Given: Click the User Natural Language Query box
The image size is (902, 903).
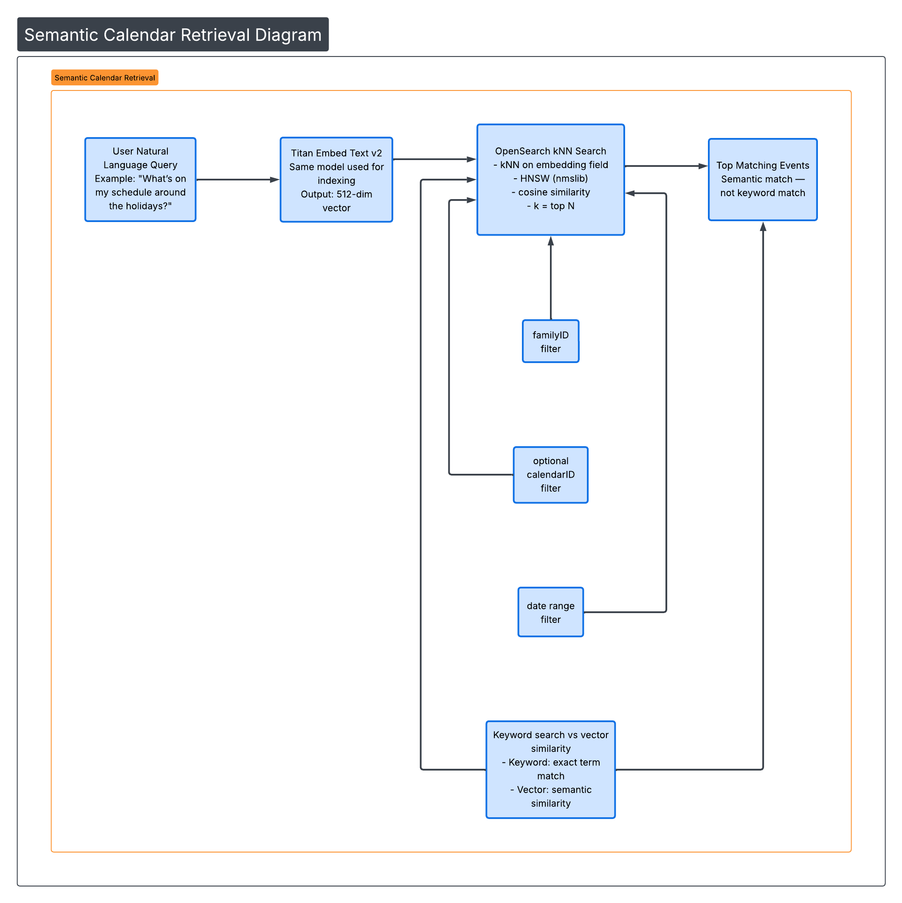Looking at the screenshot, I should coord(140,180).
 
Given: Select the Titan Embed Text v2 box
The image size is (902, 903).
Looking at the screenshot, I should coord(336,180).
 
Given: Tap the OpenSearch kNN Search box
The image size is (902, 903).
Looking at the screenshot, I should coord(550,180).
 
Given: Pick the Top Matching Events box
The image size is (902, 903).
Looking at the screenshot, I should coord(762,180).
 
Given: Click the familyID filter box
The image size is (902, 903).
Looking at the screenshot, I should coord(550,341).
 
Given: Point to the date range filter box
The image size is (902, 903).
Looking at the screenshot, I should coord(550,612).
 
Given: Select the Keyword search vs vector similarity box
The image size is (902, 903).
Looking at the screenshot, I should coord(550,769).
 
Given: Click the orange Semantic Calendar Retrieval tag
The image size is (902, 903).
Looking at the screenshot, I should coord(105,78).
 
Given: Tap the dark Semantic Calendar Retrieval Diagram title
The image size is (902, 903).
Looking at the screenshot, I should coord(173,34).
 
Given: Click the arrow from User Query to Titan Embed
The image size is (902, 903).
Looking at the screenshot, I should coord(237,180).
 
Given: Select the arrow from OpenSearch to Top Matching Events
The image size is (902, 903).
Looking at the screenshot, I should coord(666,166).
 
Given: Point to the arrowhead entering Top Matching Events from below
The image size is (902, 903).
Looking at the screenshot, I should coord(763,227).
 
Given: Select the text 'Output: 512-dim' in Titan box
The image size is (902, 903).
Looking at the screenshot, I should coord(336,194).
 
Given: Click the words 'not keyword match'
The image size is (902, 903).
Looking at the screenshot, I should coord(762,193).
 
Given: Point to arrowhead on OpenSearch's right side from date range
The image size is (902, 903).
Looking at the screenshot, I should coord(630,193).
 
